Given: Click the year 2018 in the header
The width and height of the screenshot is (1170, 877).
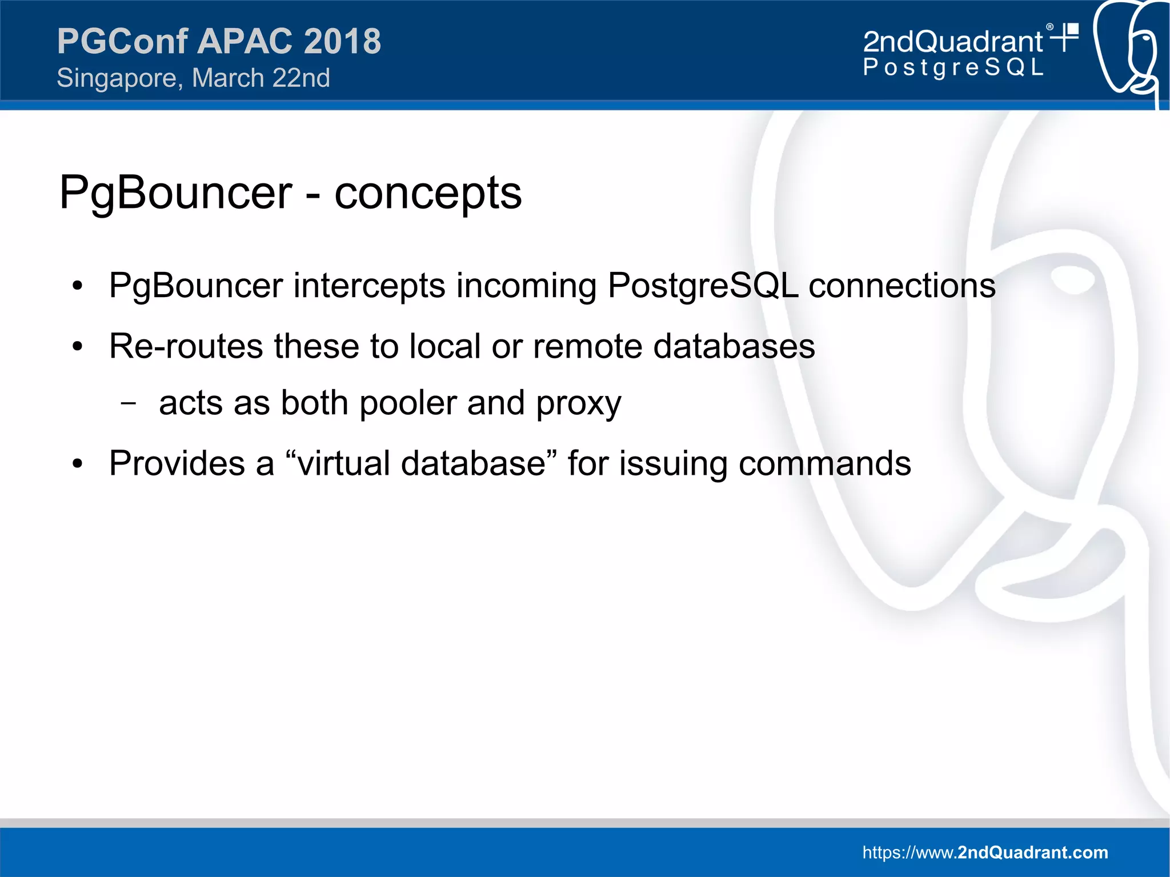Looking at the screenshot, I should (342, 41).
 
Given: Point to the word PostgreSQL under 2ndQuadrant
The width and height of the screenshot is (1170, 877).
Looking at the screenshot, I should (953, 67).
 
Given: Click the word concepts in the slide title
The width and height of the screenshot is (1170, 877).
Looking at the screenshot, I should (428, 193).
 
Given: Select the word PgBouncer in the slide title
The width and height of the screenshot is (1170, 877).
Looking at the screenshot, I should (176, 193).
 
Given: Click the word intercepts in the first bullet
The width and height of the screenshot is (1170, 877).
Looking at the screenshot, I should (369, 285).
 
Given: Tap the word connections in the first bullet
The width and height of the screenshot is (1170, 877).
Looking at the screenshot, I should (902, 285).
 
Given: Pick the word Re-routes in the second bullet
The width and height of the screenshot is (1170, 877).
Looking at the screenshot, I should (186, 346).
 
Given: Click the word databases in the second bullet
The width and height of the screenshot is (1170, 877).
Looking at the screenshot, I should (734, 346).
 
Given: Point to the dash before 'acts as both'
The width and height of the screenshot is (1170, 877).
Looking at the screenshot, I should (129, 403).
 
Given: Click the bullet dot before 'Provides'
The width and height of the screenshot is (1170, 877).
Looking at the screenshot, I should (78, 464).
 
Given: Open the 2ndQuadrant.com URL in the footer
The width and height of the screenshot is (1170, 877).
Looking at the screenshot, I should (985, 852).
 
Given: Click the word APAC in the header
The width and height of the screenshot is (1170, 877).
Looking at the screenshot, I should (246, 41).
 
